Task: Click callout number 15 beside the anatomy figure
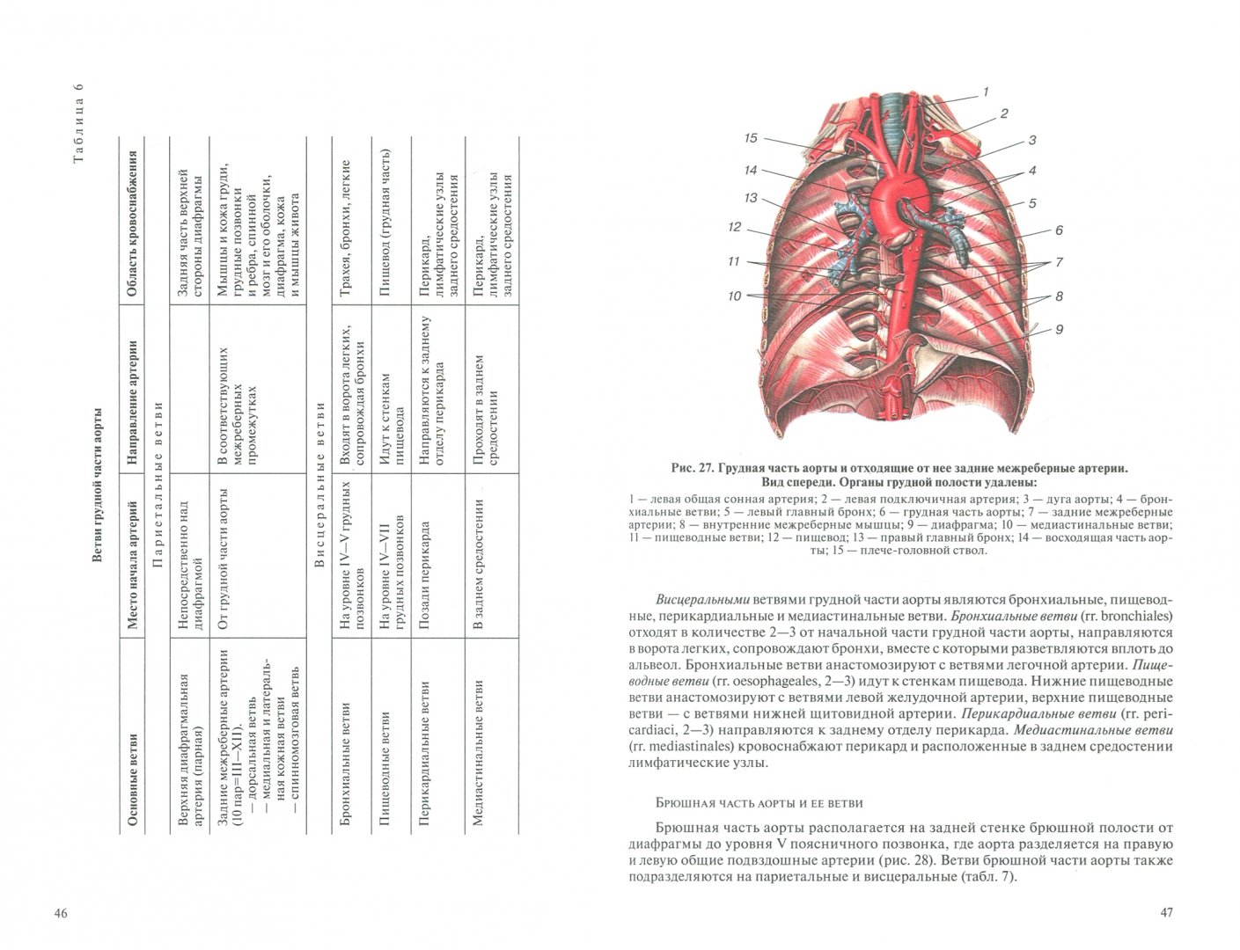[751, 138]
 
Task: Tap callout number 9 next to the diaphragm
[1059, 330]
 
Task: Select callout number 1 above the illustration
[986, 91]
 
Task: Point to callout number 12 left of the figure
[735, 227]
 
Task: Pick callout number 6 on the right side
[1059, 230]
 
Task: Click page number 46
[61, 913]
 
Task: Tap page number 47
[1167, 912]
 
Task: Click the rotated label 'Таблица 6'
[78, 122]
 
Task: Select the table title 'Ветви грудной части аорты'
[98, 484]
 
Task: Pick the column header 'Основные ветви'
[132, 779]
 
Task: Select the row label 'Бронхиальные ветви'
[344, 764]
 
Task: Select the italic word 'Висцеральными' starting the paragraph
[702, 599]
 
